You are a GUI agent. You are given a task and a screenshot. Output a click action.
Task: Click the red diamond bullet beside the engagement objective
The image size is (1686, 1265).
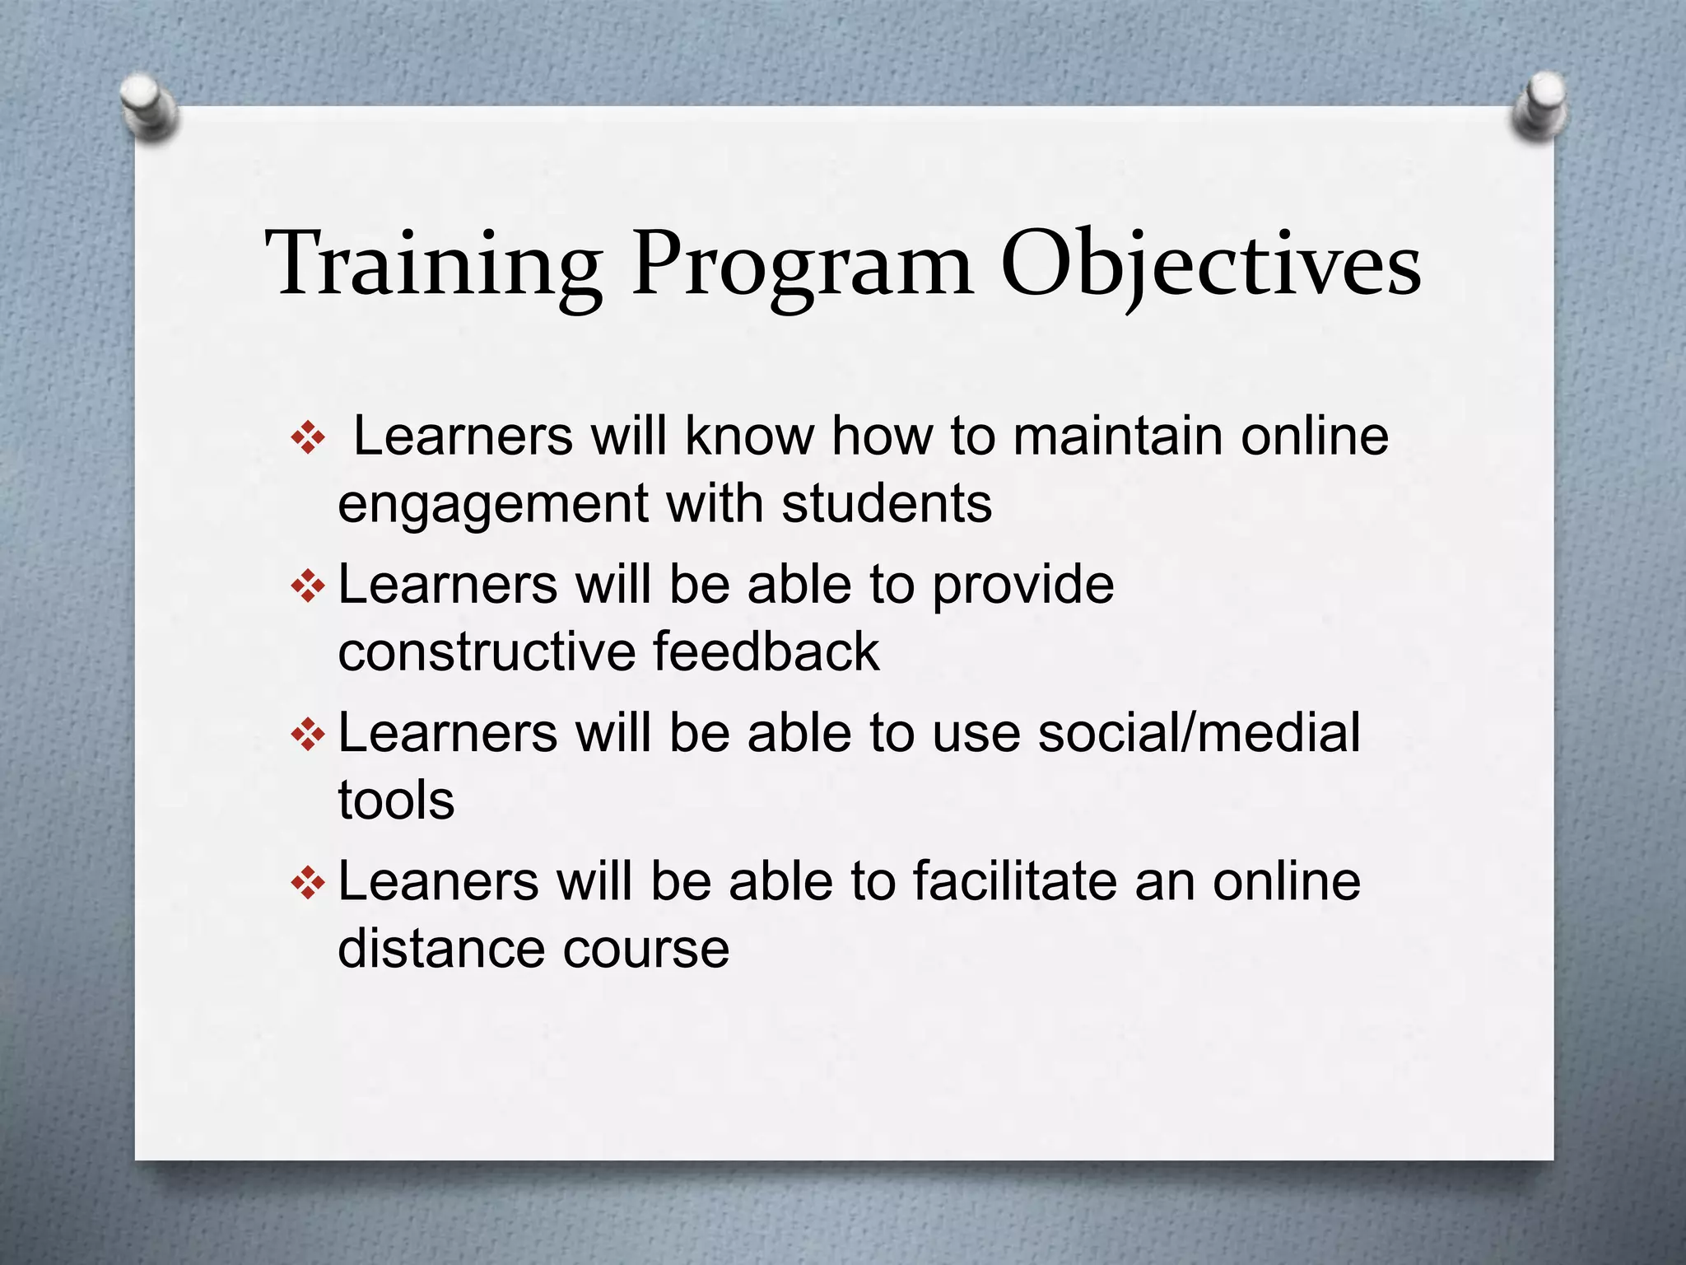(309, 438)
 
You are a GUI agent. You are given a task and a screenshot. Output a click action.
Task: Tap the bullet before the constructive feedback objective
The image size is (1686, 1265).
(309, 586)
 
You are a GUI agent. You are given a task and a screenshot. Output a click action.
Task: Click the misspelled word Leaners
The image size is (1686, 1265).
(438, 881)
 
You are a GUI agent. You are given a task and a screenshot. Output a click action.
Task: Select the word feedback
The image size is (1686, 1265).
(766, 651)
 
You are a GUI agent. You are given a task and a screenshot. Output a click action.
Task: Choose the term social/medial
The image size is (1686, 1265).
(1199, 733)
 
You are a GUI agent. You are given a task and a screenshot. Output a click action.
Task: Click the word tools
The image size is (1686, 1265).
(396, 800)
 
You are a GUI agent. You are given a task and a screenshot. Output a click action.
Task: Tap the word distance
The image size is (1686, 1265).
(440, 948)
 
